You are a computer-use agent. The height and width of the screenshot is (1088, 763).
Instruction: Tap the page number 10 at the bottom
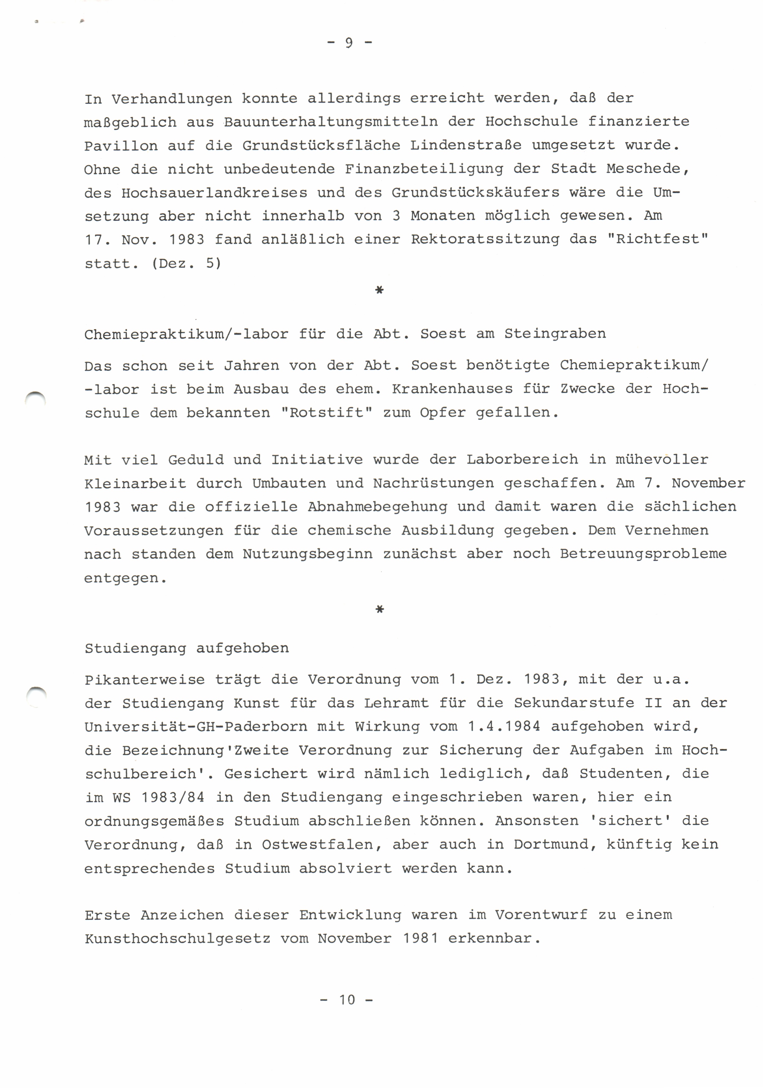click(347, 999)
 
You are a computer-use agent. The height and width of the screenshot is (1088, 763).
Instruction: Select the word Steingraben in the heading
click(555, 334)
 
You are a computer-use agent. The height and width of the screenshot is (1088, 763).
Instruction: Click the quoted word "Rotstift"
click(326, 412)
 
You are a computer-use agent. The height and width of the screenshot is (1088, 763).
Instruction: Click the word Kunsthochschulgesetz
click(177, 938)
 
